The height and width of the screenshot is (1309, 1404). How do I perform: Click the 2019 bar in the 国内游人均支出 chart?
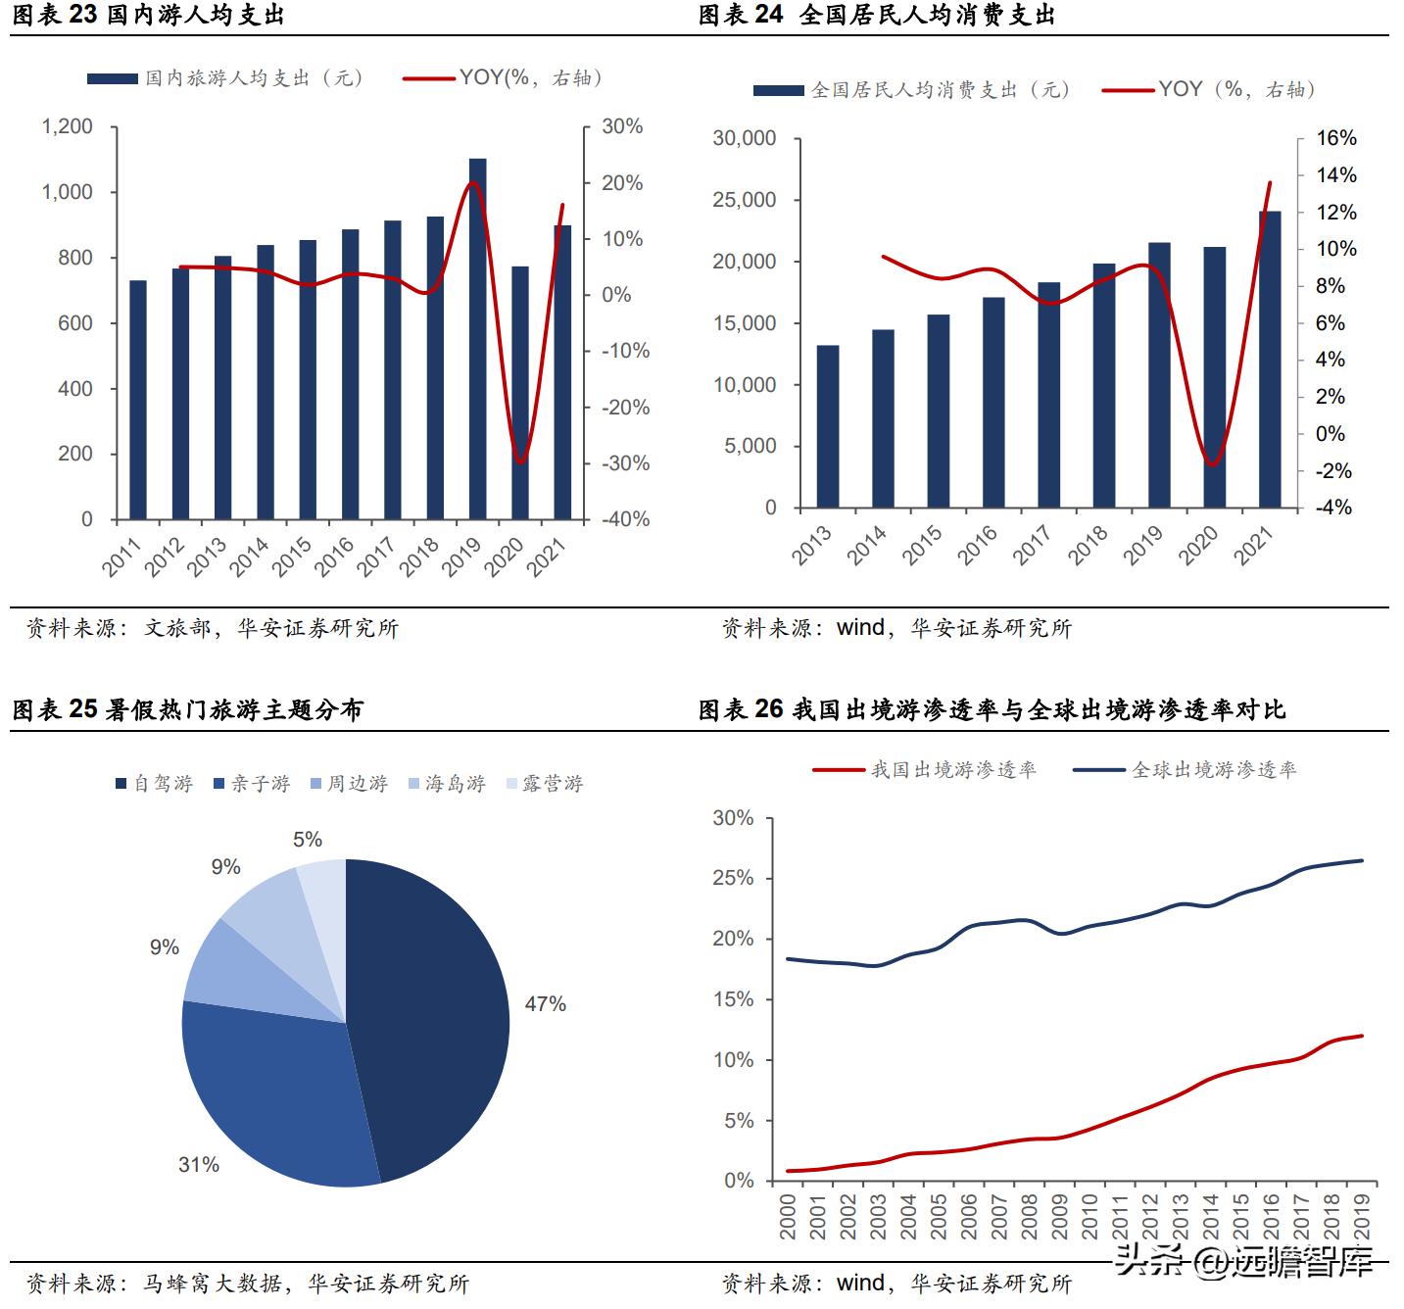click(477, 338)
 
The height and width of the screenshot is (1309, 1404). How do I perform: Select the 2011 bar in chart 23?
click(138, 400)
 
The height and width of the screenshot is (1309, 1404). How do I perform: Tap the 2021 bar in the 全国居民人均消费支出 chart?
click(1270, 360)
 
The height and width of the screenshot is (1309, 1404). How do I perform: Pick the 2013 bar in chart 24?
click(828, 426)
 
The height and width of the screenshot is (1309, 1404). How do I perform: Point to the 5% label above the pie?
click(308, 840)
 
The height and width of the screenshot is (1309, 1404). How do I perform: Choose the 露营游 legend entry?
click(545, 784)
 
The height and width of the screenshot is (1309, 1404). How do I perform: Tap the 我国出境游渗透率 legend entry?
click(925, 770)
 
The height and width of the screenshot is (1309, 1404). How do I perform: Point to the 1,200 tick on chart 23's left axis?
click(67, 126)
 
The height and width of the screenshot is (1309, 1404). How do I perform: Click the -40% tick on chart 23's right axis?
click(625, 519)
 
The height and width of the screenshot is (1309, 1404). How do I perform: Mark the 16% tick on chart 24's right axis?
click(1335, 138)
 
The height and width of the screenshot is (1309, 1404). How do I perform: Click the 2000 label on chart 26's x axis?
click(788, 1216)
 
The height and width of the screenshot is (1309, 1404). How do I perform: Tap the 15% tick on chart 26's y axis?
click(733, 999)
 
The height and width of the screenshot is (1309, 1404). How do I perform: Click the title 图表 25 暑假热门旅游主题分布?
click(187, 709)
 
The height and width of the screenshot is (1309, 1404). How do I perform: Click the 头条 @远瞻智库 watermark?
click(1244, 1262)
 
